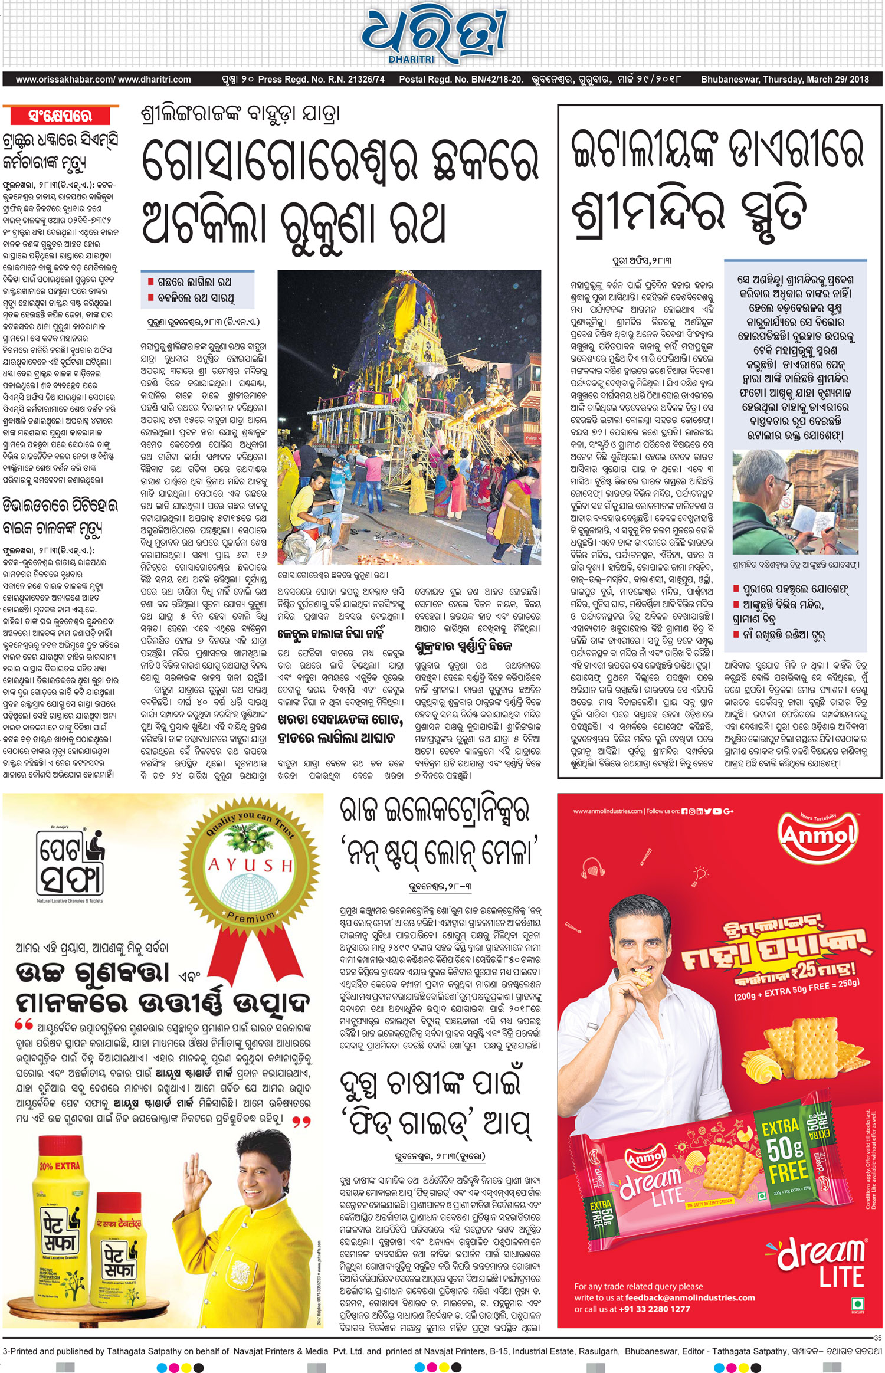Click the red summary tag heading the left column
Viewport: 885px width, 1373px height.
tap(61, 115)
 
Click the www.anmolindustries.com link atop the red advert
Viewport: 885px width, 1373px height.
tap(607, 811)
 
